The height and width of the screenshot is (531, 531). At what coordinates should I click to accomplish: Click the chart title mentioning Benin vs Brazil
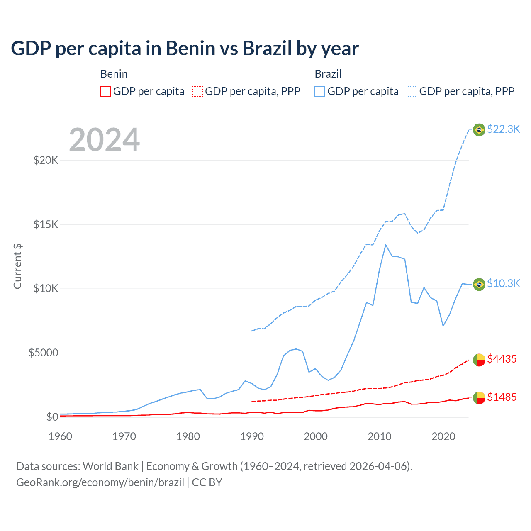click(185, 49)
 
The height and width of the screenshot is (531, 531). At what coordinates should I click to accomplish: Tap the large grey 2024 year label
click(104, 140)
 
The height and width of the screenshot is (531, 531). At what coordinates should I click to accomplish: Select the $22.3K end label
click(503, 129)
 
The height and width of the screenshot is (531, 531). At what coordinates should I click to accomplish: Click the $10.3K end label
click(503, 283)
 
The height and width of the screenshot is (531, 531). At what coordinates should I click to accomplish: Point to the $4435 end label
click(502, 359)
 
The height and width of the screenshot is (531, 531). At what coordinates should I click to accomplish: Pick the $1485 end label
click(502, 397)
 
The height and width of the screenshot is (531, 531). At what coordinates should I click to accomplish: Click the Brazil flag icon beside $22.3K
click(479, 130)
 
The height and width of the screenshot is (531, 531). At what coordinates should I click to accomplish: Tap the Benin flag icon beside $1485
click(479, 398)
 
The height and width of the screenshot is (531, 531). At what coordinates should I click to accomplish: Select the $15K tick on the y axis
click(46, 224)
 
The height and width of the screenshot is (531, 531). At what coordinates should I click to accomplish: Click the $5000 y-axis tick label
click(43, 353)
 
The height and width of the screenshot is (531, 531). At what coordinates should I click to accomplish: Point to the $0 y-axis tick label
click(52, 417)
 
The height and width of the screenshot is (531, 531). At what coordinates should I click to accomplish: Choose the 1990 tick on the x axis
click(252, 436)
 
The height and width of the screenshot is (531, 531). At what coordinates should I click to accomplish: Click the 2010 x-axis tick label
click(380, 436)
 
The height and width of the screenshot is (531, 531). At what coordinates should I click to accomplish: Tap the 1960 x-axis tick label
click(61, 436)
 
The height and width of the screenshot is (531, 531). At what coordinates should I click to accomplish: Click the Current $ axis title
click(17, 266)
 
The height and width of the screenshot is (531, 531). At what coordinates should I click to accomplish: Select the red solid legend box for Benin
click(106, 91)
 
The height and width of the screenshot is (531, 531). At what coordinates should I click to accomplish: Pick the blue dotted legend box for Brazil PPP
click(412, 91)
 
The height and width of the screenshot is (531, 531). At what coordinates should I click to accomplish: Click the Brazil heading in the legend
click(328, 74)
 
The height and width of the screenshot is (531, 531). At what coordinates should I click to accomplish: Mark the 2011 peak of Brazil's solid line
click(386, 245)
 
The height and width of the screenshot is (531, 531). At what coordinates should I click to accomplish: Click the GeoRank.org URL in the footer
click(100, 482)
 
